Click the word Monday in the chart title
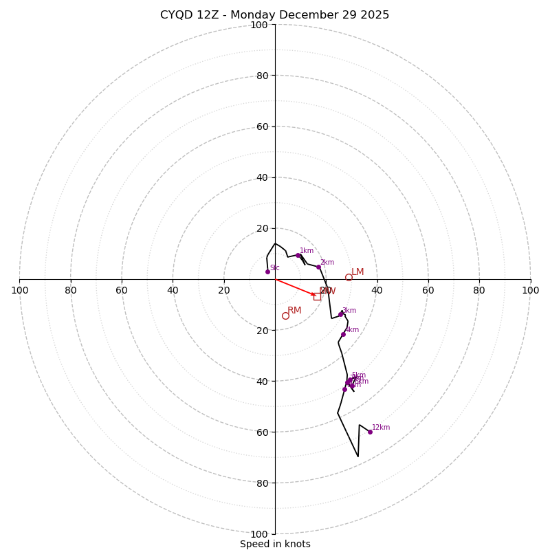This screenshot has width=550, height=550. coord(265,15)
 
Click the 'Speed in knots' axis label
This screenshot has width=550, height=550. coord(275,544)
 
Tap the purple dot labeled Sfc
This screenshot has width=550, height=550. coord(267,272)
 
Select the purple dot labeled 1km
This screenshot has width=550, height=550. coord(298,255)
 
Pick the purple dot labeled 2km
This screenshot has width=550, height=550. coord(318,267)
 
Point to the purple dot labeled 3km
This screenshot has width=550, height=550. coord(340,314)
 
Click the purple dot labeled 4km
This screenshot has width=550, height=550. coord(343,334)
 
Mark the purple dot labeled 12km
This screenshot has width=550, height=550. coord(370,432)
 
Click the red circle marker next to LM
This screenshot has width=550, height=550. coord(349,277)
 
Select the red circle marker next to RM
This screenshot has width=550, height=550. coord(285,316)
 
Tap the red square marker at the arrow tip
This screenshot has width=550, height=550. coord(317,296)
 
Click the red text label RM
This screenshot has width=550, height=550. coord(294,311)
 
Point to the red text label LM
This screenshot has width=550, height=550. coord(357,272)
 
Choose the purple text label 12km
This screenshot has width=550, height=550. coord(381,428)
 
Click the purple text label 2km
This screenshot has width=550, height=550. coord(327,262)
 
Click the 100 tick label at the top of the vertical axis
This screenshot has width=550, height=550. coord(259,25)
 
